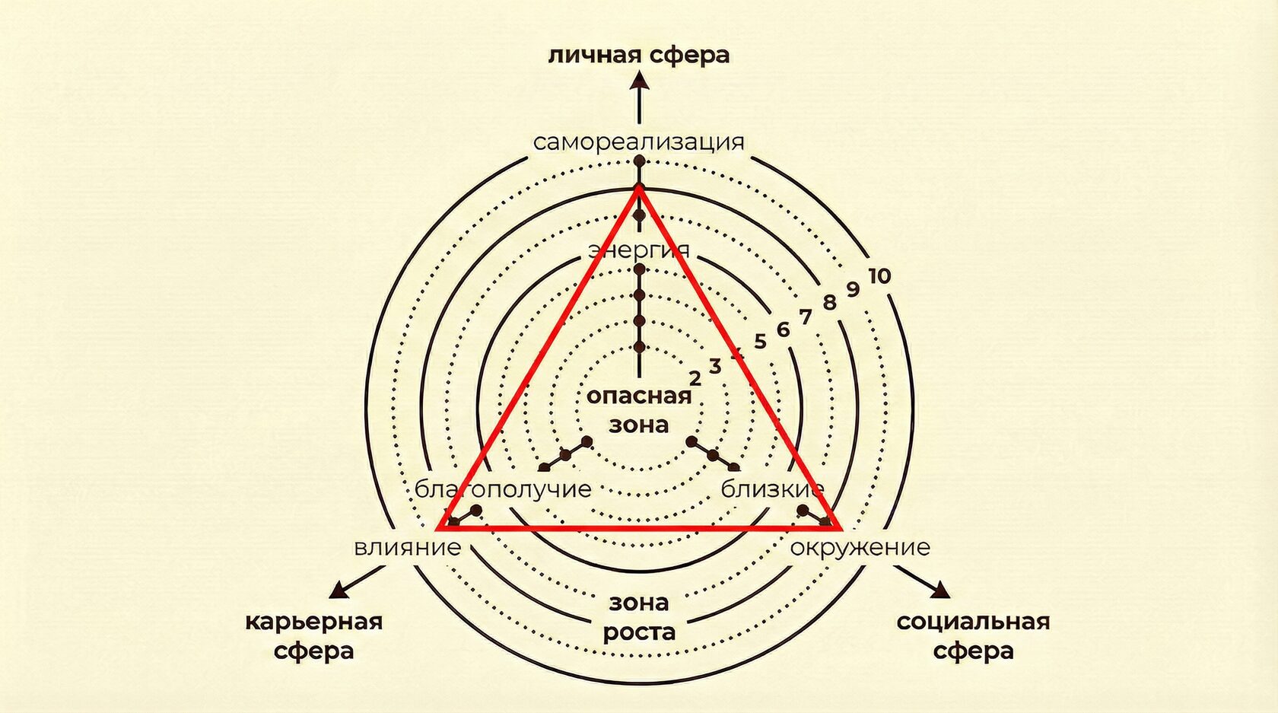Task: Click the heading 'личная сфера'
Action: [638, 56]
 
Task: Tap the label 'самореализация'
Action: [638, 142]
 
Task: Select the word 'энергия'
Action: [639, 250]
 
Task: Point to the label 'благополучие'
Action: [503, 489]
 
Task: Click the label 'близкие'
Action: [772, 489]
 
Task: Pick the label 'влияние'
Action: [408, 547]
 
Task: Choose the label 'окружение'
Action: [860, 547]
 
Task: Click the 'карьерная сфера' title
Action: [313, 635]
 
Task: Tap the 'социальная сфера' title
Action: [973, 635]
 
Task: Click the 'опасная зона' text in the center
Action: [639, 409]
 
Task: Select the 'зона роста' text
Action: [639, 617]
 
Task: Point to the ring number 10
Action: [879, 275]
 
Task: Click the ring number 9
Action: [853, 290]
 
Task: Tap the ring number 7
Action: [805, 317]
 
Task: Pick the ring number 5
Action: [760, 342]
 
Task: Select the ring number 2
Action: [695, 378]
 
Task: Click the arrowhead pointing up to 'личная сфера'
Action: [639, 80]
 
